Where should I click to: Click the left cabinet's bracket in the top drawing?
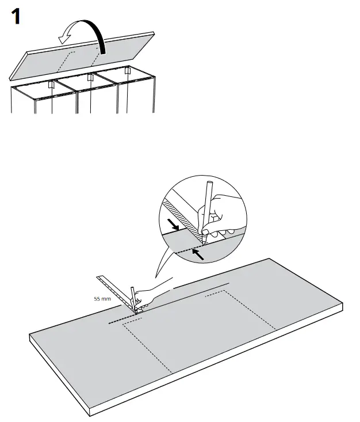51,85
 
